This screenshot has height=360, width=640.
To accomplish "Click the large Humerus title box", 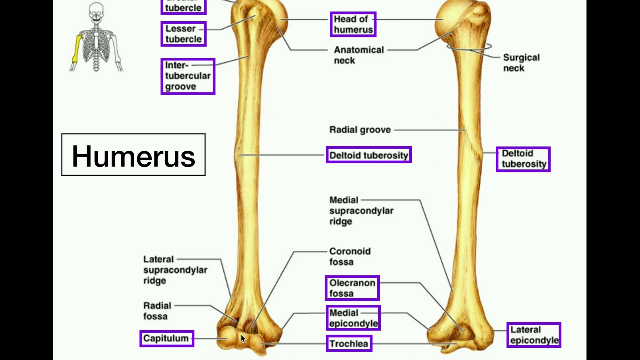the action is click(133, 155).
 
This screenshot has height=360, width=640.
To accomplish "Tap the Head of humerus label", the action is click(353, 24).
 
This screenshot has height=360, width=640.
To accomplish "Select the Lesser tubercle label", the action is click(183, 34).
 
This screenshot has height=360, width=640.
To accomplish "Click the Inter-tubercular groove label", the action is click(187, 76).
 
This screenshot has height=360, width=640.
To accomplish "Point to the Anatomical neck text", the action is click(358, 55).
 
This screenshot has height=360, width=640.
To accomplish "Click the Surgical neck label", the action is click(521, 63).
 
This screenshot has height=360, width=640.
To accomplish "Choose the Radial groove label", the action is click(360, 130).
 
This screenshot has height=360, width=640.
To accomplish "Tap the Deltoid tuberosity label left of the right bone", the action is click(368, 155).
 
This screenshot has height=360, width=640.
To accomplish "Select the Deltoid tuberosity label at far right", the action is click(523, 159).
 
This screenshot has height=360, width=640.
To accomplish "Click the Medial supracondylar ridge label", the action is click(361, 210).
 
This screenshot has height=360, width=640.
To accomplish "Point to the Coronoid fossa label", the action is click(349, 256).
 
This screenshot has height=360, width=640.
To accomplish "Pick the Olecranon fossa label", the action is click(352, 288).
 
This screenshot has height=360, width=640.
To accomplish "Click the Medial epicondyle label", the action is click(353, 318).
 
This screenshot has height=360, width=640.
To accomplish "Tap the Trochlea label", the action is click(349, 343).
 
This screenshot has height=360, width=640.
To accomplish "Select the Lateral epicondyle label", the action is click(534, 335).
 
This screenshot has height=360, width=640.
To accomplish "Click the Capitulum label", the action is click(166, 338).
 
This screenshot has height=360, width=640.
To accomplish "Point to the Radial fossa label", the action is click(157, 311).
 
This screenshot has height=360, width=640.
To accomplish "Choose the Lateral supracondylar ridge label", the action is click(175, 270).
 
